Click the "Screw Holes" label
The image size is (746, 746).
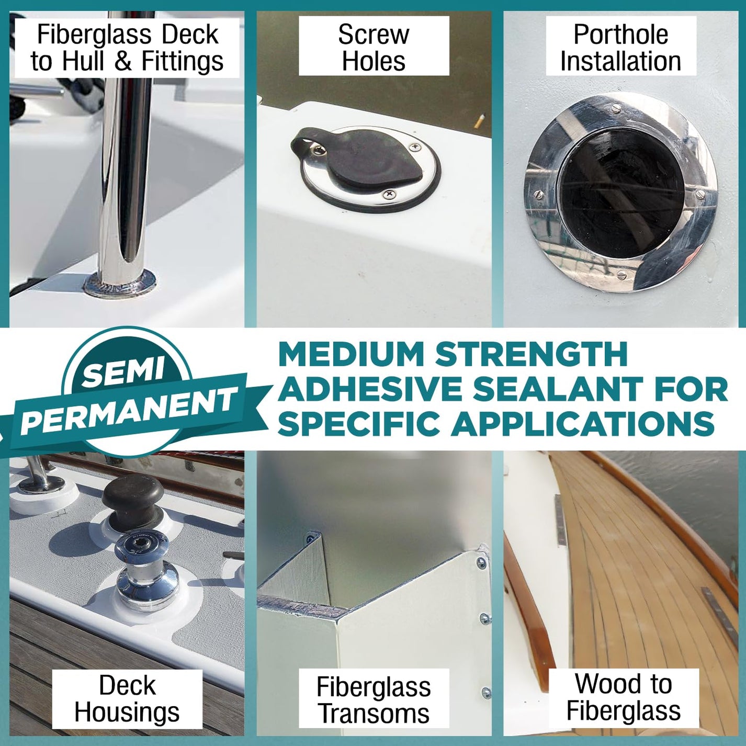click(x=374, y=47)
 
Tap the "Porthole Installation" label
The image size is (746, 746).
click(x=620, y=47)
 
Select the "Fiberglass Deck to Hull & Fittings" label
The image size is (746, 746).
click(x=127, y=47)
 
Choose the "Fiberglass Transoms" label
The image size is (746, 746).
click(x=374, y=700)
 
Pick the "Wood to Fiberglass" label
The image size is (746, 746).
click(x=623, y=697)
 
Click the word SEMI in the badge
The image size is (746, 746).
click(x=123, y=372)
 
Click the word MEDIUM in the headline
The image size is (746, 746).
click(x=350, y=354)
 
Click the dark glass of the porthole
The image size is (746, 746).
click(x=621, y=194)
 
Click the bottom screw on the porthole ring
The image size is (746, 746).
click(x=620, y=275)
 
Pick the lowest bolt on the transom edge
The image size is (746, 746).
click(x=486, y=693)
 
